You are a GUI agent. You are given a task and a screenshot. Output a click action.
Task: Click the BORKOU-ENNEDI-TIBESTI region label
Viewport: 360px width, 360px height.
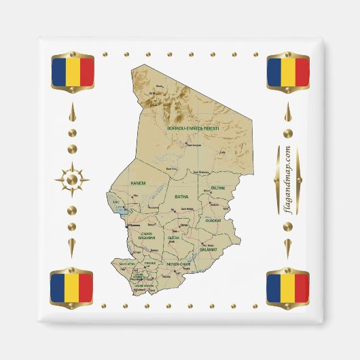click(194, 127)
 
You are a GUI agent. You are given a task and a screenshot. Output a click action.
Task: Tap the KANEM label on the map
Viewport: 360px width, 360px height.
click(139, 183)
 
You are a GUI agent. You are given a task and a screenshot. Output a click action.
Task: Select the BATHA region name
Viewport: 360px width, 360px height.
click(181, 197)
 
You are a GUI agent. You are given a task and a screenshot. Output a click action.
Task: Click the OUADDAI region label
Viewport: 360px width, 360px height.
click(213, 220)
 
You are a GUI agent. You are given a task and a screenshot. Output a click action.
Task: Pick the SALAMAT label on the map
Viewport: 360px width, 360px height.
click(207, 250)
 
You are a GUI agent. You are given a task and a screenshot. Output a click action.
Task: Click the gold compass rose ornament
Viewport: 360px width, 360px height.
click(71, 180)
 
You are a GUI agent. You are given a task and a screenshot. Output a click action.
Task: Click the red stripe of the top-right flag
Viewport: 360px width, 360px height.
click(302, 72)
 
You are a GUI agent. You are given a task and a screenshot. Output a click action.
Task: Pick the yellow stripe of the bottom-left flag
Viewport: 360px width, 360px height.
click(72, 288)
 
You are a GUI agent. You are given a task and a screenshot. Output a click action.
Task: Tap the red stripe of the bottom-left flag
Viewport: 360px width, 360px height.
click(86, 288)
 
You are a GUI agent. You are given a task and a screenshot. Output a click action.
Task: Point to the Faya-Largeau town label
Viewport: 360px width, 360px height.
click(194, 145)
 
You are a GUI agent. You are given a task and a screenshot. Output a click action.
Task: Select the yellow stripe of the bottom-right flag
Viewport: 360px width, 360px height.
click(288, 288)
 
